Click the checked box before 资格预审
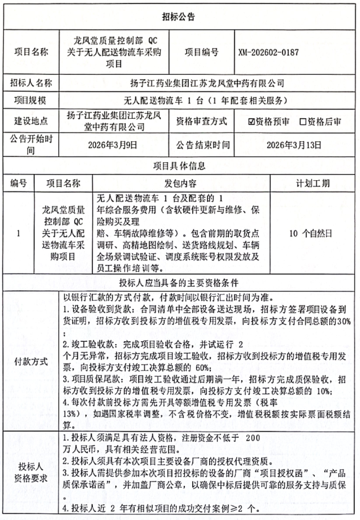point(251,122)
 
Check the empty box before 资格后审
point(303,122)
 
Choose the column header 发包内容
point(180,184)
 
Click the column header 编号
point(19,184)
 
